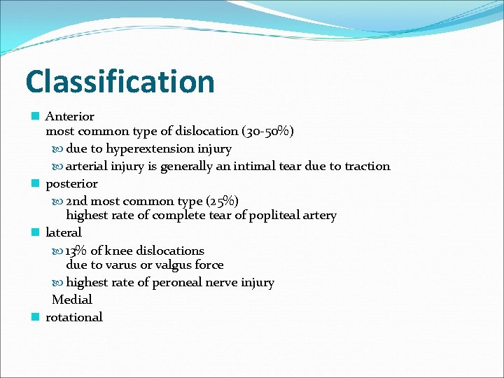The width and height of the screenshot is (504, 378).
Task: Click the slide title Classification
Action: [x=120, y=81]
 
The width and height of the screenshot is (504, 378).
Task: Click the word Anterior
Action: [x=69, y=116]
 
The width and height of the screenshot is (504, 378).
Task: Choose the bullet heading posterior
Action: [x=71, y=183]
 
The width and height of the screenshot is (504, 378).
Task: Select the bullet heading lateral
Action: [x=63, y=232]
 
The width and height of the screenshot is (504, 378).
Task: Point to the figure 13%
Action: [x=76, y=251]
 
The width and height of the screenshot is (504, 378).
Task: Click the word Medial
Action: [x=72, y=300]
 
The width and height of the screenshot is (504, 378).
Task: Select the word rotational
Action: [x=73, y=317]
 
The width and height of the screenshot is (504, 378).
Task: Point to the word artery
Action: [x=318, y=215]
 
